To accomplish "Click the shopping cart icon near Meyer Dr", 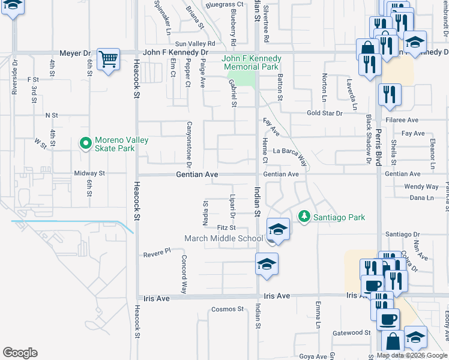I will tap(109, 59).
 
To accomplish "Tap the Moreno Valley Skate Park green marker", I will tap(85, 143).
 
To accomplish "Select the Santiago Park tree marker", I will tap(304, 217).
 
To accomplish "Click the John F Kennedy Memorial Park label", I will tap(252, 62).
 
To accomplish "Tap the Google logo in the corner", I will tap(19, 353).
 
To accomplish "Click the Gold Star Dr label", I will tap(324, 113).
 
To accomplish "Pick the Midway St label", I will tap(89, 173).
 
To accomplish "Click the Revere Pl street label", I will tap(157, 254).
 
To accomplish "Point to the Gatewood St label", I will tap(352, 332).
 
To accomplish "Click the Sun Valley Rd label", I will tap(195, 44).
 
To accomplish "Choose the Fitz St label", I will tap(226, 228).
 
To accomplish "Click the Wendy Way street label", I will tap(421, 187).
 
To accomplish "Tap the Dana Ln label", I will tap(421, 197).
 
